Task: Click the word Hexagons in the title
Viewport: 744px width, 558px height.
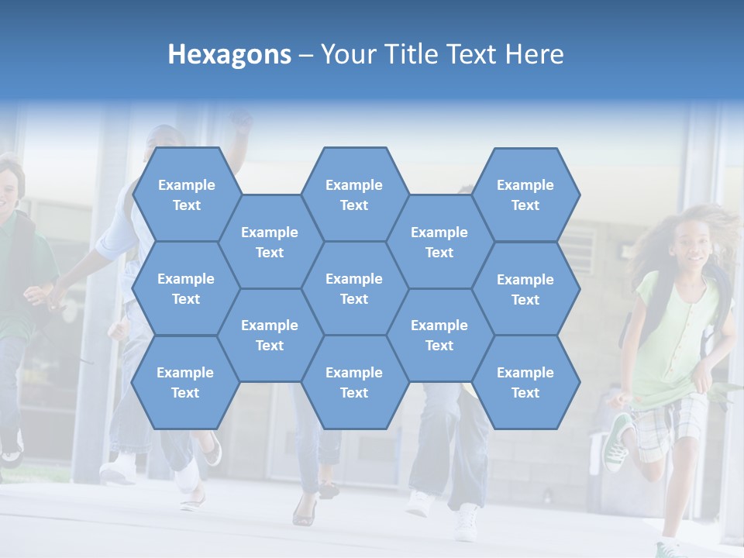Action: pos(229,54)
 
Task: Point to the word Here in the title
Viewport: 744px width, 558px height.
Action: pos(535,54)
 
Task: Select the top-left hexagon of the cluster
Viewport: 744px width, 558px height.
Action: pos(186,195)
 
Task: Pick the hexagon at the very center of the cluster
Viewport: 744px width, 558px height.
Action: pos(354,288)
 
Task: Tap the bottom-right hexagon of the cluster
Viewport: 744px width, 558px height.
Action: pos(525,382)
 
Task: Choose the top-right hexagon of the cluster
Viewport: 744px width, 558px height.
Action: pos(525,195)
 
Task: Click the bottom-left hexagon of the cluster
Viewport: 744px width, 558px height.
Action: pos(185,382)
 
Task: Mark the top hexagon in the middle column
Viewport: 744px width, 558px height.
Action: pos(354,195)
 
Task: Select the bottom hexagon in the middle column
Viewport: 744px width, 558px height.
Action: pos(354,382)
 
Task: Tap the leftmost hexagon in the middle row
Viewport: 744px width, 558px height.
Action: pos(186,288)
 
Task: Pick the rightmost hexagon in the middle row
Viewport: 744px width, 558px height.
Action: pos(525,289)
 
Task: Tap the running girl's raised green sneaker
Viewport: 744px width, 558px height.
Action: pos(618,443)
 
